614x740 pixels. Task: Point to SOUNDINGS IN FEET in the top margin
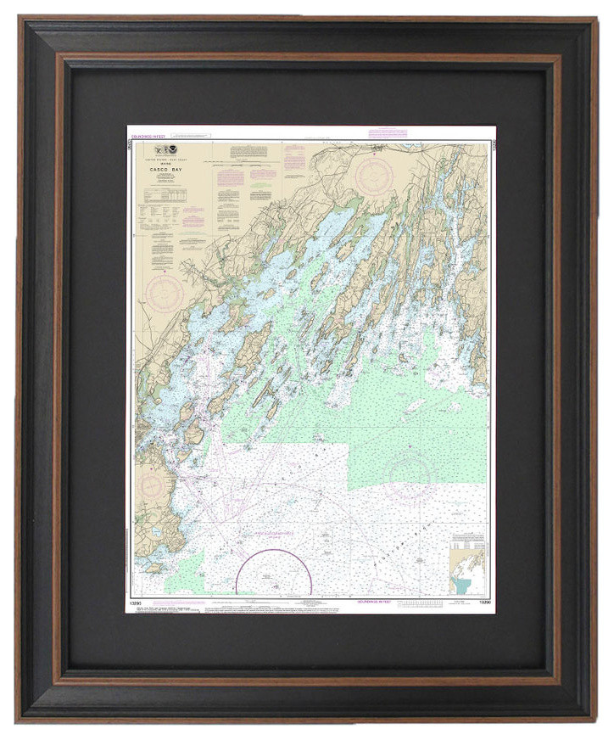click(148, 132)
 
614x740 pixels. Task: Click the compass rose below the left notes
click(163, 292)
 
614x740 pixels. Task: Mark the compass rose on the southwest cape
click(151, 487)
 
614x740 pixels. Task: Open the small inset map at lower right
click(467, 564)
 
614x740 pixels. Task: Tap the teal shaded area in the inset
click(463, 586)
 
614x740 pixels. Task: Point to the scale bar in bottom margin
click(433, 603)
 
